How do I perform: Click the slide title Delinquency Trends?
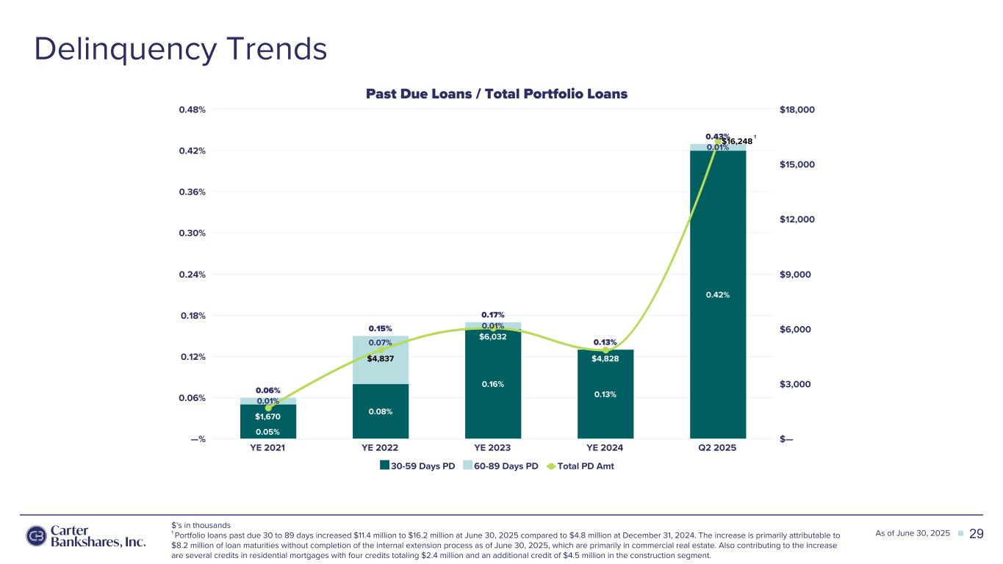click(181, 49)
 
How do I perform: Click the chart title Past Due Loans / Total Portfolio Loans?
click(497, 94)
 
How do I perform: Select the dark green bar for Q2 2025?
click(718, 294)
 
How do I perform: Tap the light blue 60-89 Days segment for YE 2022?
click(381, 360)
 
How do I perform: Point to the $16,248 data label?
click(737, 142)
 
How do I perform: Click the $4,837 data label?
click(381, 358)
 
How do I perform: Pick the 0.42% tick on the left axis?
click(192, 151)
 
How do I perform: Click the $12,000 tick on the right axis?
click(797, 220)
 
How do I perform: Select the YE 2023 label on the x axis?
click(492, 448)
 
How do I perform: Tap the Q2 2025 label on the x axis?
click(717, 448)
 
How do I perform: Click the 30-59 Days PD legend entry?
click(417, 466)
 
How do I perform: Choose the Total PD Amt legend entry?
click(580, 466)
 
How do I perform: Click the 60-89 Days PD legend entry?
click(500, 466)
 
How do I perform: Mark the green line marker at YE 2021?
click(268, 408)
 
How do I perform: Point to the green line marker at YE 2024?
click(605, 350)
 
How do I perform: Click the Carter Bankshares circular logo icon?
click(36, 536)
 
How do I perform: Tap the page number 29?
click(976, 534)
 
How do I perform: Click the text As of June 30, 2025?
click(913, 533)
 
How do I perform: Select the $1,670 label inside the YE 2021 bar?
click(267, 416)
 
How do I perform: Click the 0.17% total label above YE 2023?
click(493, 315)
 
